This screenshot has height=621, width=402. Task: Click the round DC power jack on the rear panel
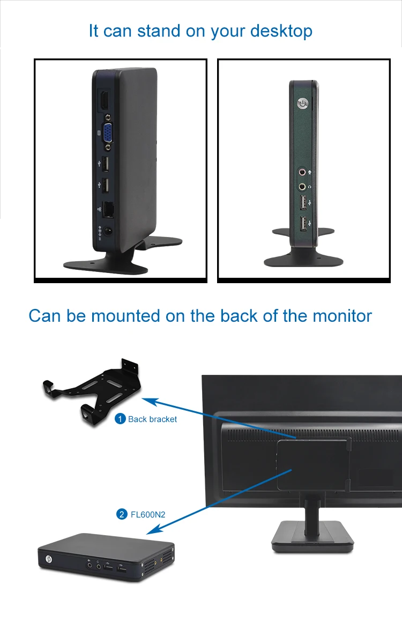point(109,232)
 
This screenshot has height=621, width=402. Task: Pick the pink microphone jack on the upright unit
point(303,173)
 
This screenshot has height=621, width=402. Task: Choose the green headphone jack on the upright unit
point(303,187)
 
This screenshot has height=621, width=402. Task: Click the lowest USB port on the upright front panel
point(303,224)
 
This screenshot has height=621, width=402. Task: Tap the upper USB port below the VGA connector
point(105,162)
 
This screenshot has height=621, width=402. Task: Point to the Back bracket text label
point(152,419)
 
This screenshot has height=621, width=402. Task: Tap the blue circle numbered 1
point(121,419)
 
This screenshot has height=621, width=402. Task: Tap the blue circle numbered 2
point(121,514)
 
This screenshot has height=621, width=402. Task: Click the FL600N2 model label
point(148,514)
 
